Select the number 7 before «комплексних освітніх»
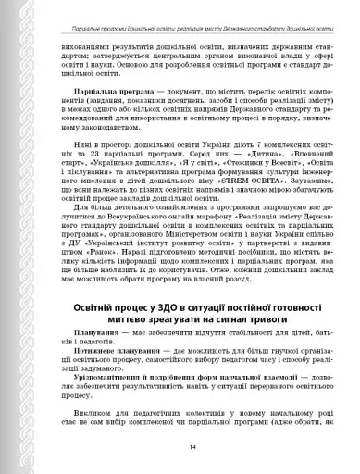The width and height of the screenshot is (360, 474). pyautogui.click(x=218, y=173)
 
